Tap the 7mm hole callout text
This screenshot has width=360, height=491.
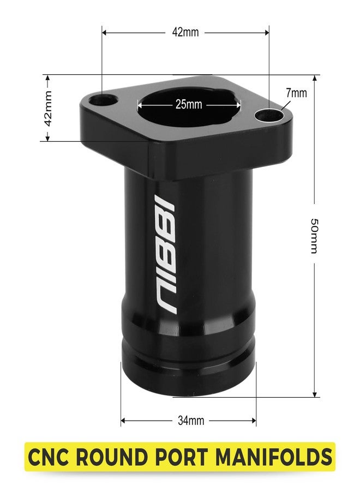(x=296, y=93)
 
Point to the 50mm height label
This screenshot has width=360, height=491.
(x=314, y=236)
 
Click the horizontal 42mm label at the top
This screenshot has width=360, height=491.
(x=185, y=32)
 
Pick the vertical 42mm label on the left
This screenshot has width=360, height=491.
(x=48, y=109)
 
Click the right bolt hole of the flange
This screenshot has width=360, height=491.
(x=269, y=116)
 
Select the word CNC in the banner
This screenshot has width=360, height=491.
(x=49, y=457)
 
